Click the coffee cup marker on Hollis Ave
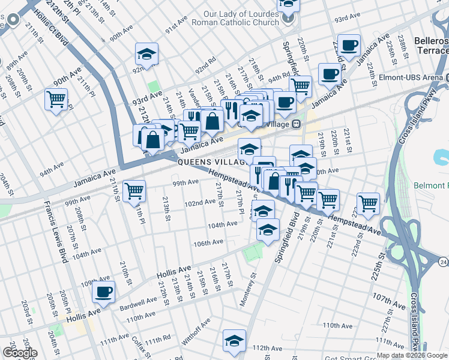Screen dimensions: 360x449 coord(104,293)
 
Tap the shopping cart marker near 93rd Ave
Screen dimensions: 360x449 coord(56,99)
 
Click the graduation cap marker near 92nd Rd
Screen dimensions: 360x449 coord(146,55)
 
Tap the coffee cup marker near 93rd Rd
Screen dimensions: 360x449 coord(348,46)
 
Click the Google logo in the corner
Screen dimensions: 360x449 coord(20,353)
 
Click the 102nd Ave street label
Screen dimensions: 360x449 coord(200,203)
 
